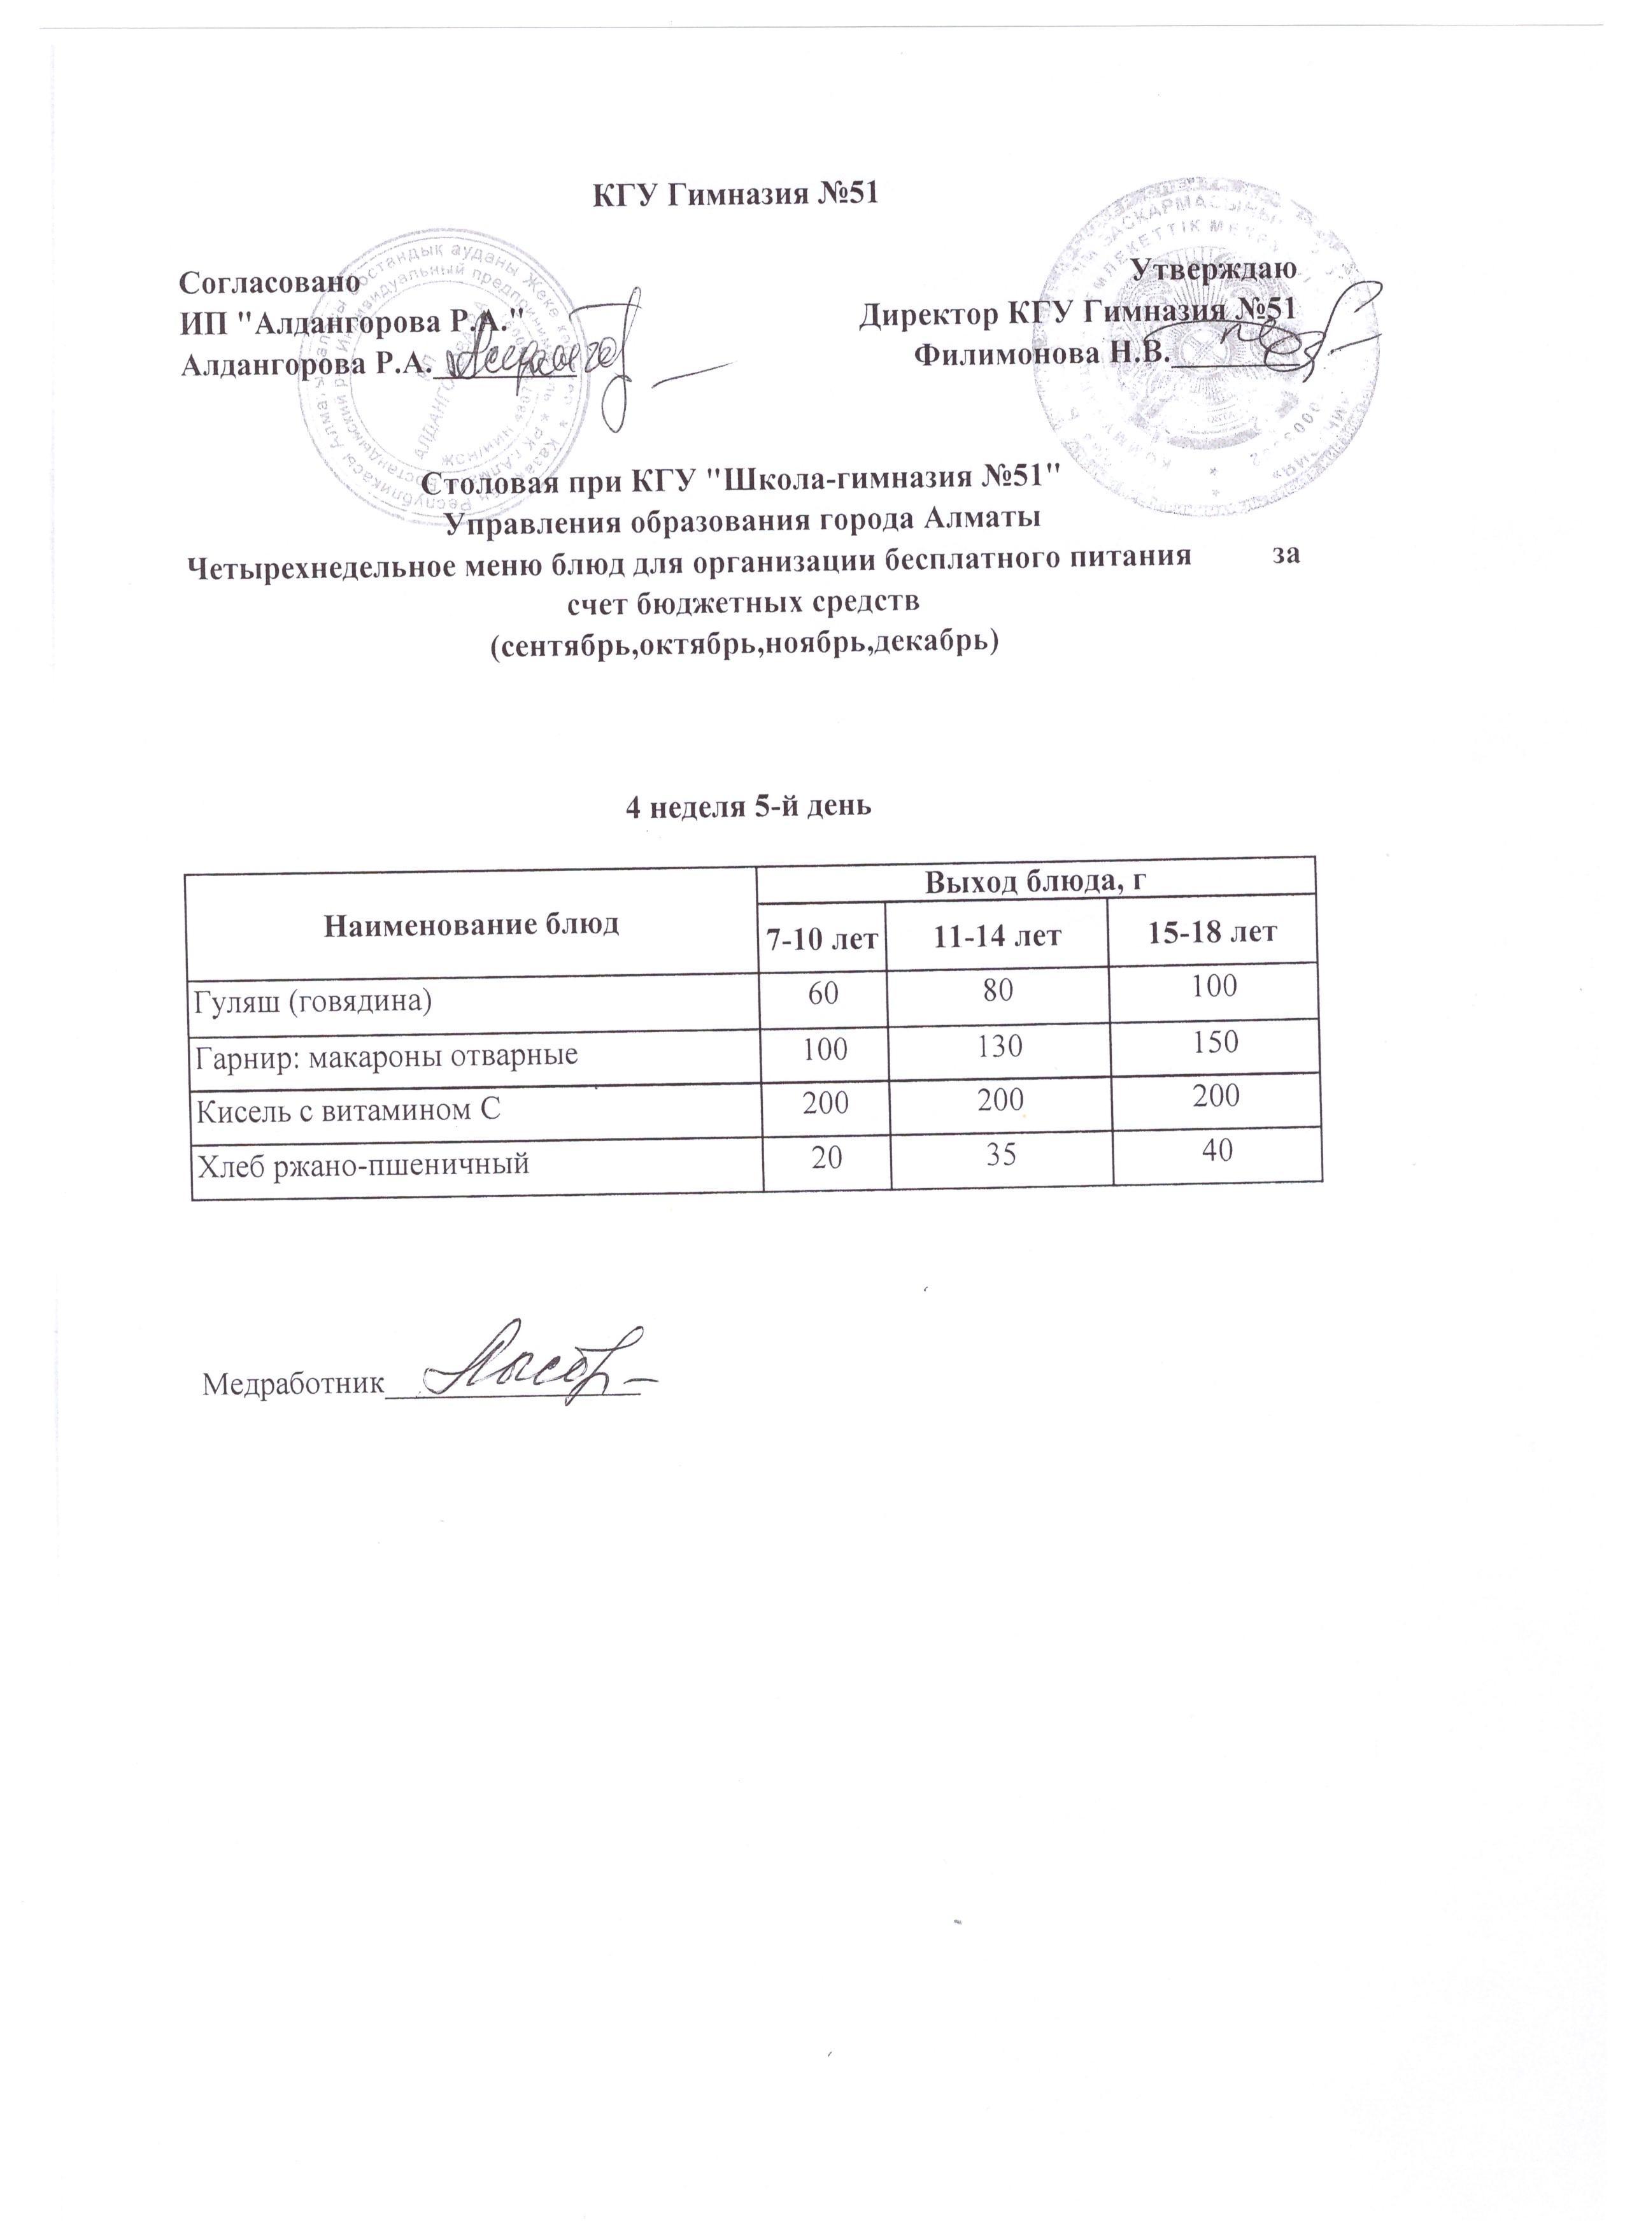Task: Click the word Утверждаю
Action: point(1215,267)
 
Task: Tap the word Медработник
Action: point(291,1384)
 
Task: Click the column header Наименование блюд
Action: point(472,925)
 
